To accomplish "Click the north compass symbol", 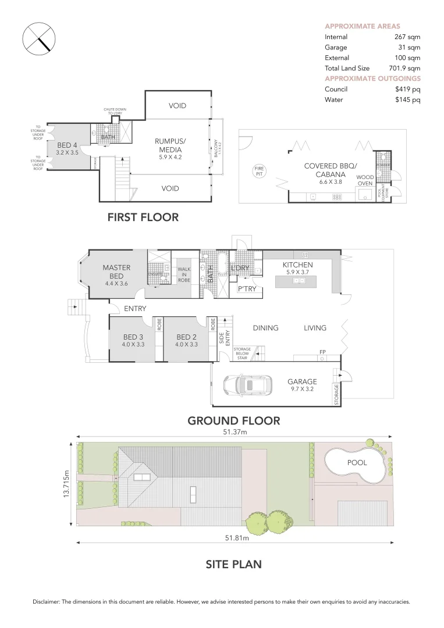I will click(38, 40).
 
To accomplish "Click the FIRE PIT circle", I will click(259, 171).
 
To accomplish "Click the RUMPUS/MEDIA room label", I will click(170, 144).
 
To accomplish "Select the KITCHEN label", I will click(297, 265).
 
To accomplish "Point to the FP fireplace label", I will click(322, 352).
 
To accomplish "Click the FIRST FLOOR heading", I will click(143, 217).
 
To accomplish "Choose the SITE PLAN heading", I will click(233, 563).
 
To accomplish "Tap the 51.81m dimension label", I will click(236, 538).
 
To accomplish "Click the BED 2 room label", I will click(186, 337).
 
